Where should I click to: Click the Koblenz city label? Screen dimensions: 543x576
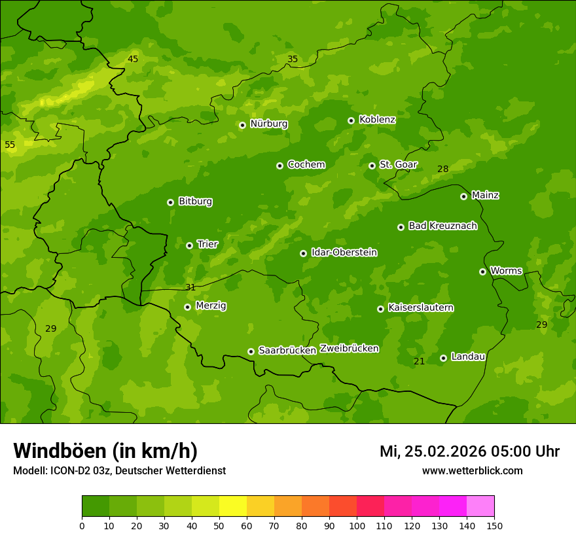point(377,120)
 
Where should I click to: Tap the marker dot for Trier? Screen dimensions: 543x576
point(189,245)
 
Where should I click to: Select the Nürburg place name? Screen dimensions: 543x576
point(268,124)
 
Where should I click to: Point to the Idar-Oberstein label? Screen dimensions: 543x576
point(344,253)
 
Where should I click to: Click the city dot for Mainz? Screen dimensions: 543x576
point(463,196)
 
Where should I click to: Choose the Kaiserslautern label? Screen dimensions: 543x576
point(421,307)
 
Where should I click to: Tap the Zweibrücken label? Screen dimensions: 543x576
point(349,348)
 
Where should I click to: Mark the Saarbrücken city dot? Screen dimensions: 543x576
point(251,351)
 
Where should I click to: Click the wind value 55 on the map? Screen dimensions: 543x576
point(10,145)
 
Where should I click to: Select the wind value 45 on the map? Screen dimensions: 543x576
point(133,60)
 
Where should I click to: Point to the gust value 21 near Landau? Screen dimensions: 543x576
point(420,362)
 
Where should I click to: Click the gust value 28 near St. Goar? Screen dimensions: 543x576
point(443,169)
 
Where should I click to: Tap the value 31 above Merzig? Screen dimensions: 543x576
point(190,287)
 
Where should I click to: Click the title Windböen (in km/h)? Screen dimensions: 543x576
point(105,451)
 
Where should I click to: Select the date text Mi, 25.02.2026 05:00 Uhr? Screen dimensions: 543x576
point(469,451)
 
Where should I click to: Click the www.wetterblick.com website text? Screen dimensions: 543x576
point(472,471)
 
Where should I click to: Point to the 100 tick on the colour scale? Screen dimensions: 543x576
point(357,526)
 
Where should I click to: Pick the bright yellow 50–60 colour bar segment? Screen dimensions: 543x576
point(233,506)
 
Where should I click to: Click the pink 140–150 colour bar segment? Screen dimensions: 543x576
point(480,506)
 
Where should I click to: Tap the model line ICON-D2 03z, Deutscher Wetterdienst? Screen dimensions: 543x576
point(119,471)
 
